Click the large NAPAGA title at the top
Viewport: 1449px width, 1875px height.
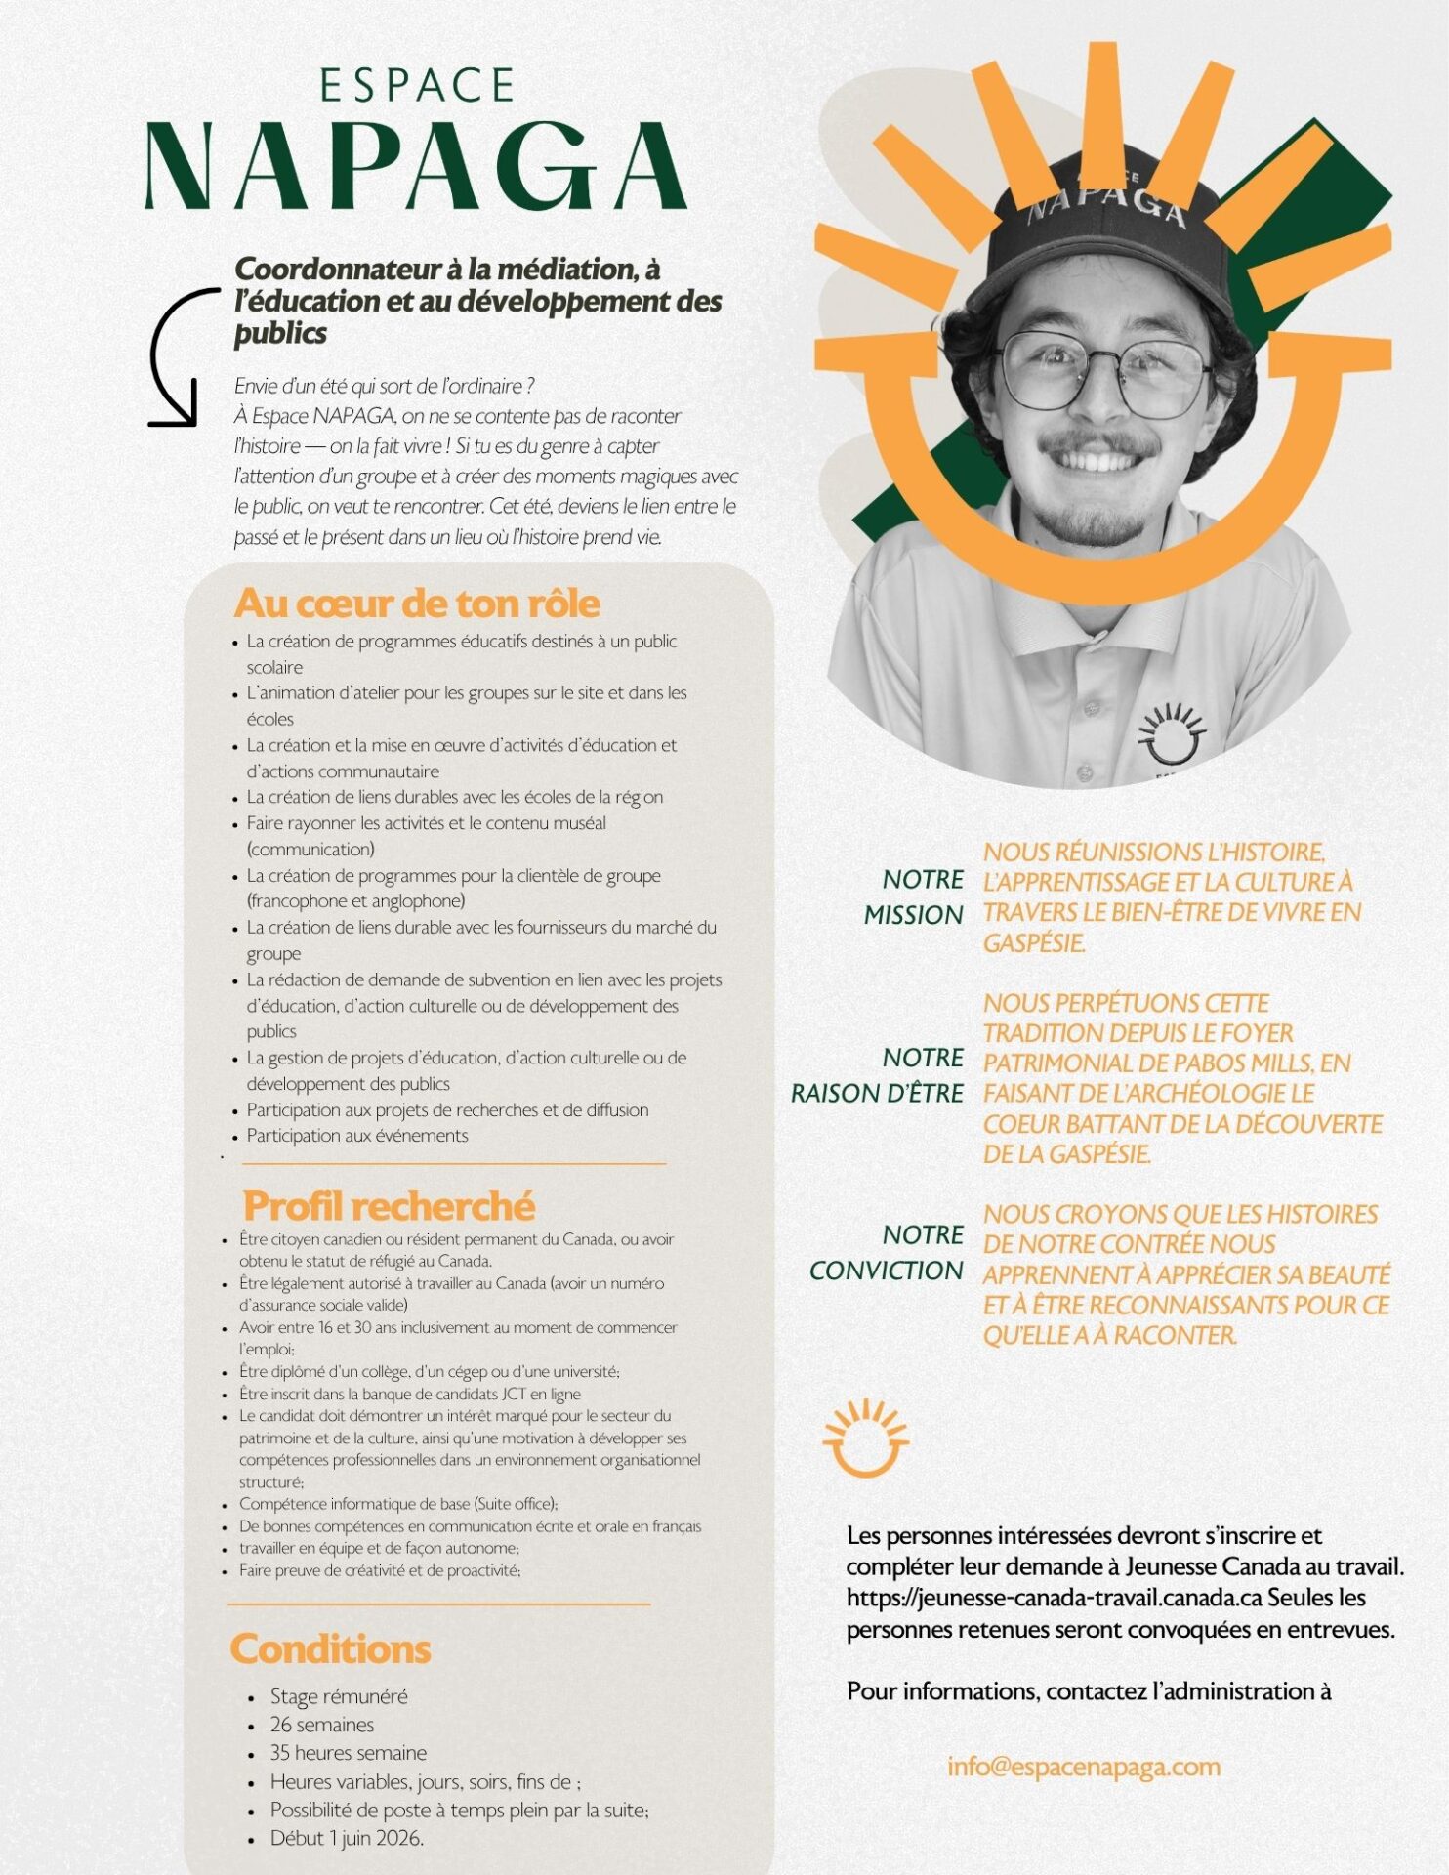coord(416,166)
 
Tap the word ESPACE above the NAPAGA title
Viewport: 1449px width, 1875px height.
coord(417,86)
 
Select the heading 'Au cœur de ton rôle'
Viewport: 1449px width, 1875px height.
coord(417,604)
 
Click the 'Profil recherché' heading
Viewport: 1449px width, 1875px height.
coord(389,1206)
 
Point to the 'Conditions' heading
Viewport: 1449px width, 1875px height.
coord(330,1648)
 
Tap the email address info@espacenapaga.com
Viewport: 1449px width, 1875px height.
coord(1083,1767)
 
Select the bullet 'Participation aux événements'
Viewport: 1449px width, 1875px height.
coord(357,1136)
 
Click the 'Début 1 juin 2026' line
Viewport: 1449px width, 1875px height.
coord(347,1838)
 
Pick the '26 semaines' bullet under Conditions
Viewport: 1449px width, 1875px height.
coord(322,1725)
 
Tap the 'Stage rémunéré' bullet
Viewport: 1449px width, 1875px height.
coord(339,1696)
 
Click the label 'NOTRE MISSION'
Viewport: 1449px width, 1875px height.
coord(914,897)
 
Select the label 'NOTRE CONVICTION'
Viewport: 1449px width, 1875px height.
coord(887,1253)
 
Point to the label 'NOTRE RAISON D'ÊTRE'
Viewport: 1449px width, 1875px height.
coord(878,1075)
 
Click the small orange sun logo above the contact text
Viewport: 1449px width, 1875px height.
coord(865,1437)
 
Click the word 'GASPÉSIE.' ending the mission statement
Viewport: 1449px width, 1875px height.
coord(1034,943)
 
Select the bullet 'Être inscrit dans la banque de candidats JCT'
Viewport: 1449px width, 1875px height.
coord(410,1394)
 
